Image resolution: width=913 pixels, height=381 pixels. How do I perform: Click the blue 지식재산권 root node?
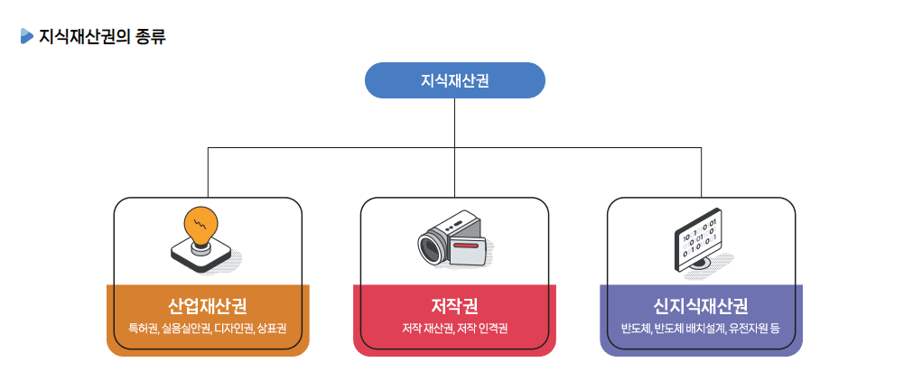(454, 80)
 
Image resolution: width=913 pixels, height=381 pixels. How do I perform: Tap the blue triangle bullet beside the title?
(26, 36)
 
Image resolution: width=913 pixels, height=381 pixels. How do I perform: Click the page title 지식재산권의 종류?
(102, 37)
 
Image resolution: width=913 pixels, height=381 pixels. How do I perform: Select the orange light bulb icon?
(201, 225)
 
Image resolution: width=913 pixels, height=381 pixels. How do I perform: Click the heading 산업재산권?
(208, 305)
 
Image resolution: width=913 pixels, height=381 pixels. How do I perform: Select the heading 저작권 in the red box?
(454, 305)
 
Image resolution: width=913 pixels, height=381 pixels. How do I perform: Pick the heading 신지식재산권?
(701, 305)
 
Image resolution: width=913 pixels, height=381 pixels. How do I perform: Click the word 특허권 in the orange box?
(144, 328)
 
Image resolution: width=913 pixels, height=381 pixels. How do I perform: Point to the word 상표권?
(272, 328)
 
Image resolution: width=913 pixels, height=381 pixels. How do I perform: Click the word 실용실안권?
(186, 328)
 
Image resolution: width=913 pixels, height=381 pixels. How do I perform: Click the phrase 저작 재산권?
(427, 328)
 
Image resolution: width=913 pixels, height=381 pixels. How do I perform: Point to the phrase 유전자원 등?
(755, 328)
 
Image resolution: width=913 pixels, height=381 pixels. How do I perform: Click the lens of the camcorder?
(431, 246)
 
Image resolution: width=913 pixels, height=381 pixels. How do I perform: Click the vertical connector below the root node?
(454, 122)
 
